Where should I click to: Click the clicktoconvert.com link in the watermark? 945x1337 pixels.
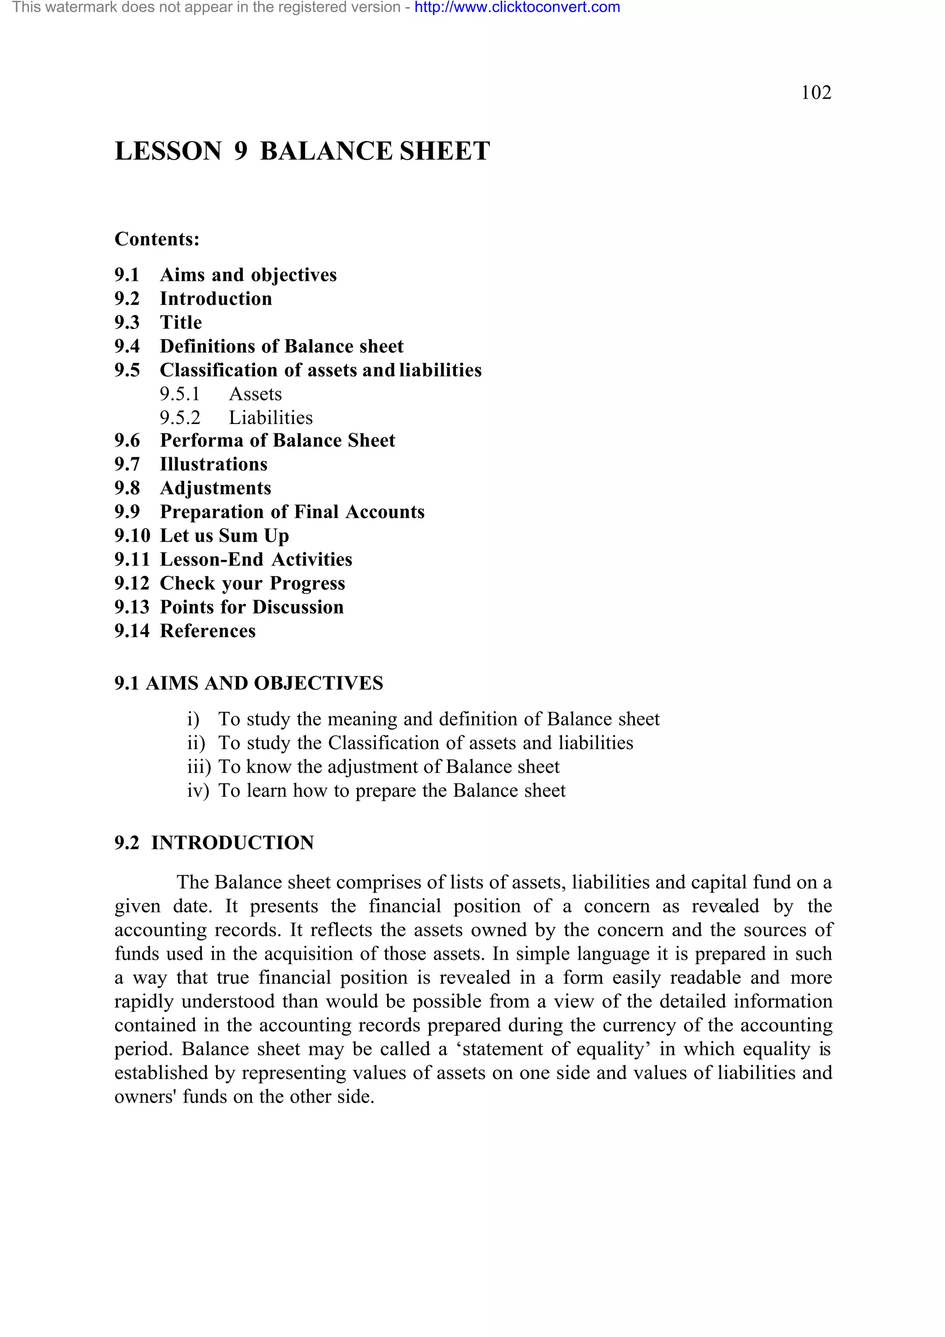click(517, 7)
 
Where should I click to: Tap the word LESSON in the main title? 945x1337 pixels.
click(168, 151)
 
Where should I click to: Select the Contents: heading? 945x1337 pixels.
click(157, 239)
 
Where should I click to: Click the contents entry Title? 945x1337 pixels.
click(181, 322)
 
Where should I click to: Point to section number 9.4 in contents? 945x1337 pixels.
click(127, 346)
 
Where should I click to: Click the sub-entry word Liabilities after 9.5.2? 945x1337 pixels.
click(270, 418)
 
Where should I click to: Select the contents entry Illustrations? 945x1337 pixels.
click(214, 465)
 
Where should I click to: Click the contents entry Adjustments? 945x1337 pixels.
click(215, 489)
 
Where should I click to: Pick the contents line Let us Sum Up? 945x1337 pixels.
click(224, 536)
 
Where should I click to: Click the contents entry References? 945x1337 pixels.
click(208, 631)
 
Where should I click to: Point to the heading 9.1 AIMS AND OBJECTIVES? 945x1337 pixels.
click(249, 684)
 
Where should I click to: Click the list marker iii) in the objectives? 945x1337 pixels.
click(198, 767)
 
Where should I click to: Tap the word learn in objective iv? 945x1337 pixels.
click(267, 791)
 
